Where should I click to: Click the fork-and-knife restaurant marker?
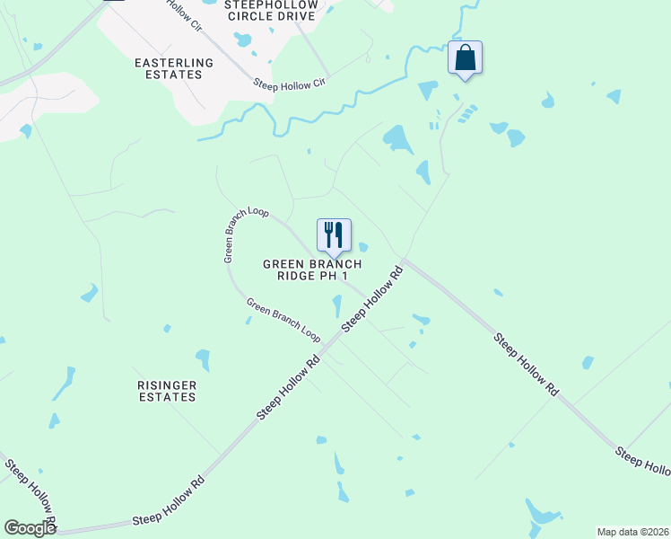(334, 235)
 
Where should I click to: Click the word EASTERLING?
(174, 63)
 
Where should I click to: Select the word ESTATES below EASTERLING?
(174, 75)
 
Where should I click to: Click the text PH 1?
(335, 277)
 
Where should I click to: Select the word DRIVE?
(296, 16)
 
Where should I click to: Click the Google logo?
(30, 528)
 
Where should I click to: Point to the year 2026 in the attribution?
(657, 532)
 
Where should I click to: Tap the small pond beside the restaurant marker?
(363, 247)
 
